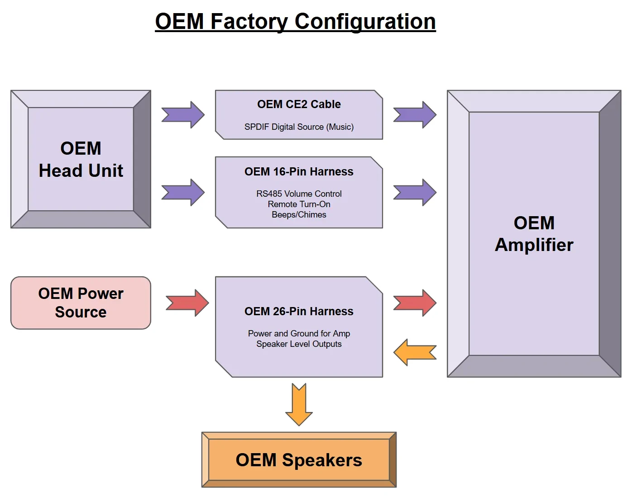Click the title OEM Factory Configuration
click(x=295, y=21)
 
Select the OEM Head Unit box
click(x=81, y=159)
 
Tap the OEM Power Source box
click(x=81, y=303)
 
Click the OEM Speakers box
click(x=299, y=459)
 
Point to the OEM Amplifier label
click(x=534, y=234)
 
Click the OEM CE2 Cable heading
click(x=299, y=104)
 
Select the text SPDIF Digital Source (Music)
click(x=299, y=127)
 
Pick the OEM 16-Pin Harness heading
click(x=299, y=172)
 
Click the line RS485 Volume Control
click(x=299, y=194)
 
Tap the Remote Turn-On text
click(x=299, y=204)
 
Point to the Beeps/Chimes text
click(x=299, y=215)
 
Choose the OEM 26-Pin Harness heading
click(x=299, y=312)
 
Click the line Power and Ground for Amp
click(x=299, y=333)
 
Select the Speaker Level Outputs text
click(x=299, y=344)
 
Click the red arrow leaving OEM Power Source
click(x=187, y=303)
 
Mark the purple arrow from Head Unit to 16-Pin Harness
click(x=183, y=193)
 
